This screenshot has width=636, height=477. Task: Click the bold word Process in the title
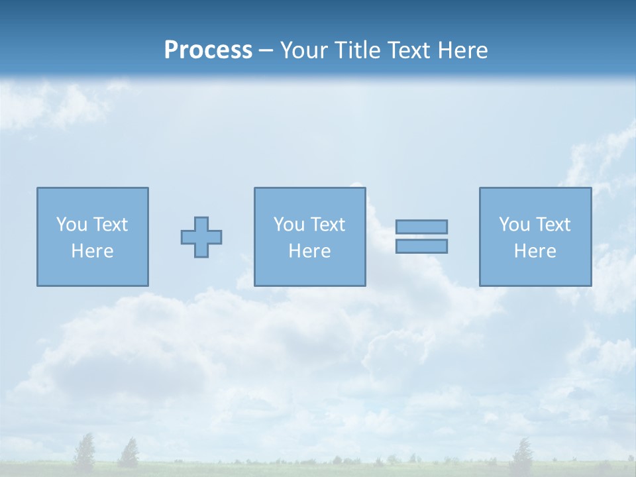click(208, 50)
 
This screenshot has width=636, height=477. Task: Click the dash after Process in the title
click(266, 51)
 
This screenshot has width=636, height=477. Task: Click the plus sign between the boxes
click(201, 237)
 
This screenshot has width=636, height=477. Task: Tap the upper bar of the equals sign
click(421, 227)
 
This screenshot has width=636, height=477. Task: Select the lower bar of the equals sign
click(421, 246)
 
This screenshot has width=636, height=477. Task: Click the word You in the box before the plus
click(72, 225)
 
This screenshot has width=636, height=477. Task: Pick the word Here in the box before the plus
click(92, 251)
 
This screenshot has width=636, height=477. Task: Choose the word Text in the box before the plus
click(109, 225)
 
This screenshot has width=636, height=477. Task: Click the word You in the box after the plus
click(289, 225)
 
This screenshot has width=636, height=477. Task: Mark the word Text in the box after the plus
click(327, 225)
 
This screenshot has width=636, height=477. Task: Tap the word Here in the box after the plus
click(309, 251)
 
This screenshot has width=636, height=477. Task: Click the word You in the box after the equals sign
click(514, 225)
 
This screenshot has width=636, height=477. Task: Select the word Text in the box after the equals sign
click(553, 225)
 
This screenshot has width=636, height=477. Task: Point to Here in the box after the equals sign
click(535, 251)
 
